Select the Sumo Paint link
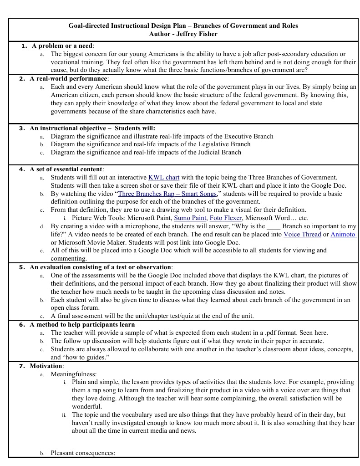click(190, 218)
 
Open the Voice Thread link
click(302, 234)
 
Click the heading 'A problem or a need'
click(62, 46)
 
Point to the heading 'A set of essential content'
click(66, 169)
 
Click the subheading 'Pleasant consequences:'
click(83, 453)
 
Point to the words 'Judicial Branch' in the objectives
click(216, 152)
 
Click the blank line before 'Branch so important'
click(273, 226)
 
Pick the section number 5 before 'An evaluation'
click(22, 267)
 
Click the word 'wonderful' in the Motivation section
click(87, 406)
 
